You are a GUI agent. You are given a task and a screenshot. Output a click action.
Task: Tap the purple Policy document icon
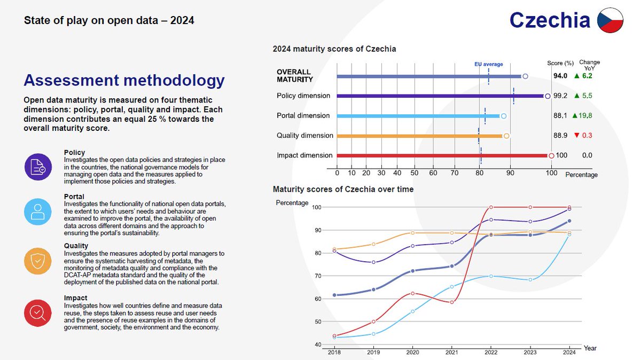pos(38,167)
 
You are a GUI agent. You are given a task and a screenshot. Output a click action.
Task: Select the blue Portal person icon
pos(38,212)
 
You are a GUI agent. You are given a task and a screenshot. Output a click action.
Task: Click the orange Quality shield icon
pos(38,261)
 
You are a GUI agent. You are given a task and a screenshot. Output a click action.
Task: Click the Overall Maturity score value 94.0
pos(560,76)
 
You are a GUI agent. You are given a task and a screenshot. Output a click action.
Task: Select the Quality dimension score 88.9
pos(560,136)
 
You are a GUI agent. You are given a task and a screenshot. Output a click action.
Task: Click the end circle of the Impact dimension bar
pos(551,156)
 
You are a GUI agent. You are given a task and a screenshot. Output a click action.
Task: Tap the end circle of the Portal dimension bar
pos(503,116)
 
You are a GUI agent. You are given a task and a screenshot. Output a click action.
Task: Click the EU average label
pos(489,65)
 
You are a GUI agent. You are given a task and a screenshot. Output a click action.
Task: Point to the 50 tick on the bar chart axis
pos(415,174)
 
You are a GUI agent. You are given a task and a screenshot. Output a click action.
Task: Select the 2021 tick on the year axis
pos(451,352)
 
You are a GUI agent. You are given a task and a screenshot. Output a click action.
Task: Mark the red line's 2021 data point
pos(451,302)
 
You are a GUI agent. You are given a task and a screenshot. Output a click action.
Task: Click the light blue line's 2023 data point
pos(530,280)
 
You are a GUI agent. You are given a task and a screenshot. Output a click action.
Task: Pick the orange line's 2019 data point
pos(374,244)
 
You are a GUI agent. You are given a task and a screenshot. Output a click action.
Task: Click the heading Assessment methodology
pos(124,81)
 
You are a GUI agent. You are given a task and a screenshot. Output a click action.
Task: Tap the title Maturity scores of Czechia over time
pos(343,189)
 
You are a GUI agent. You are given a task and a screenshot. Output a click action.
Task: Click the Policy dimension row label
pos(303,96)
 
